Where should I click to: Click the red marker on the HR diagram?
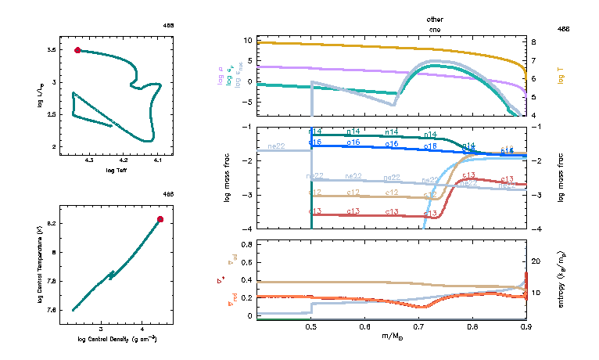tap(77, 50)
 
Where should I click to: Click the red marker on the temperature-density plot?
tap(160, 220)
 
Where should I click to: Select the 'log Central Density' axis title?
tap(117, 339)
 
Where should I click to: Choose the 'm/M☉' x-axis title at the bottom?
tap(391, 337)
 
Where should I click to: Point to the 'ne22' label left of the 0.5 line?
tap(276, 146)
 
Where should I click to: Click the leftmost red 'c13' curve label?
tap(315, 212)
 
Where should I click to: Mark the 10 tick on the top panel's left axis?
tap(248, 40)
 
